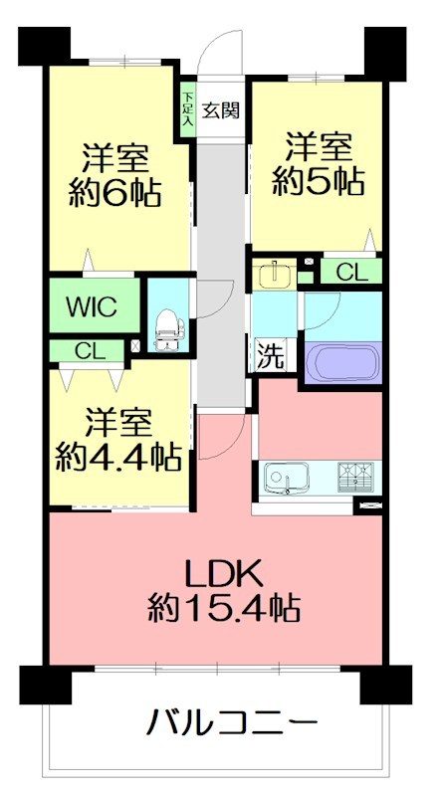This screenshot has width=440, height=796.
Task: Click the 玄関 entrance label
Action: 221,110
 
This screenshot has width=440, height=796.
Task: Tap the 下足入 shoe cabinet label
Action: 187,110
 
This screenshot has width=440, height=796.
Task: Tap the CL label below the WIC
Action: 89,350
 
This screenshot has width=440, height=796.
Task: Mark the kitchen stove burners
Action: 354,480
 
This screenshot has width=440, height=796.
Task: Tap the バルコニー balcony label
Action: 235,720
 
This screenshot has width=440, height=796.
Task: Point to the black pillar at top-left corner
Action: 43,45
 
